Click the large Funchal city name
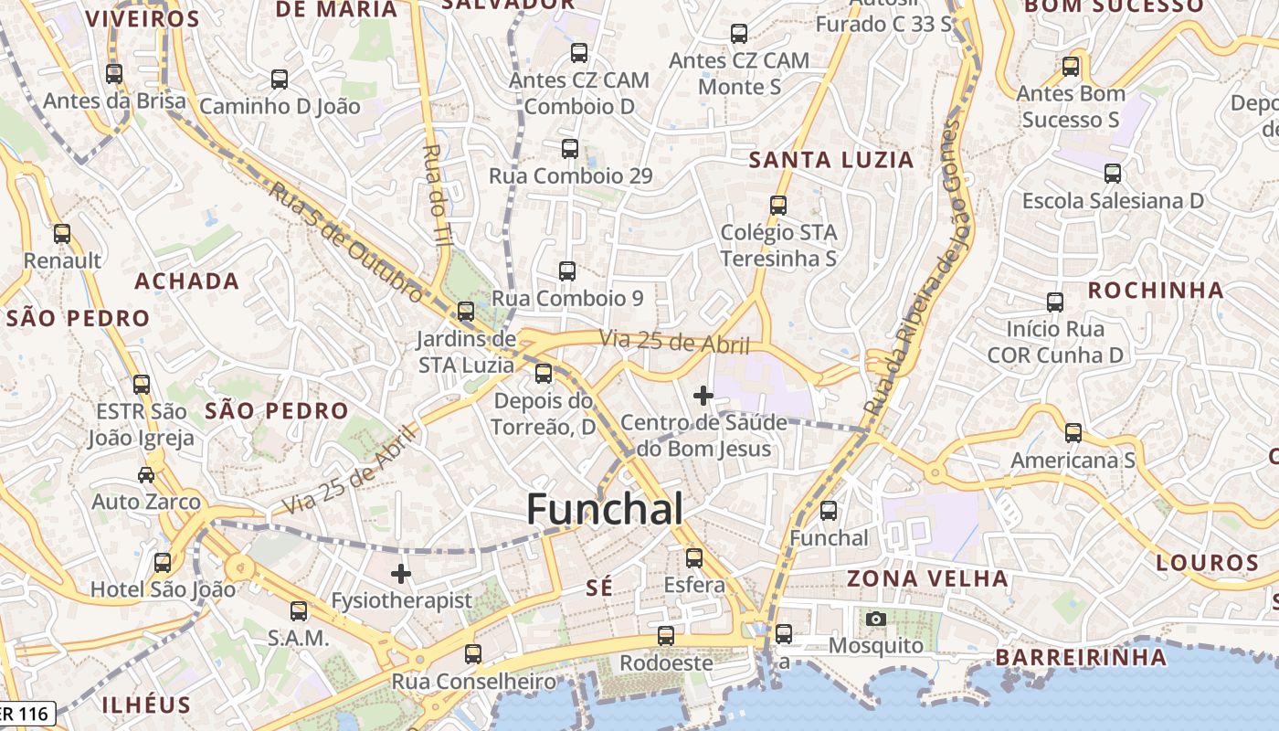pos(605,509)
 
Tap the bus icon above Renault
pos(62,234)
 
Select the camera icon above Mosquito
pos(876,620)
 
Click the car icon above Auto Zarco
pos(146,475)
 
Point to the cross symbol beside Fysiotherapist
pos(401,574)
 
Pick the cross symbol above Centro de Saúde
pos(703,396)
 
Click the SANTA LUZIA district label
pos(831,160)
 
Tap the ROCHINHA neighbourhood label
pos(1156,291)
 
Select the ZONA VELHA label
pos(927,578)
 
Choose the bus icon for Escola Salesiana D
pos(1113,174)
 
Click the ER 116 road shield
pos(27,713)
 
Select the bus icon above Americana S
pos(1073,433)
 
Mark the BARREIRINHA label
pos(1081,657)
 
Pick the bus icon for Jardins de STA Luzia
pos(466,312)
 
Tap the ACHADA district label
pos(187,281)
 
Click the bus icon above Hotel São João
pos(163,563)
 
